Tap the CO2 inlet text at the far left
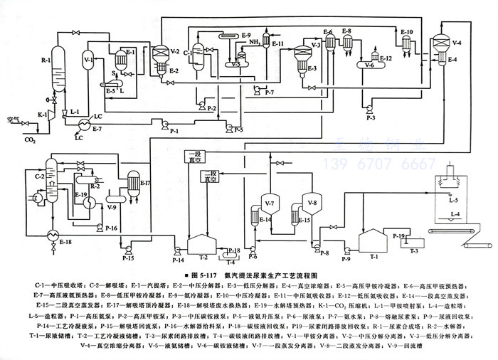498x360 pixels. [x=30, y=140]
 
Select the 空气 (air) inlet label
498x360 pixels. [x=13, y=119]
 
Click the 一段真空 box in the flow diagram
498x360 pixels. [x=194, y=157]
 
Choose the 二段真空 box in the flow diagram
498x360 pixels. [x=209, y=175]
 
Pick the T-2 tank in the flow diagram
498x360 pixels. [x=201, y=245]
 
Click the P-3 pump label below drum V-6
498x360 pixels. [x=371, y=116]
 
